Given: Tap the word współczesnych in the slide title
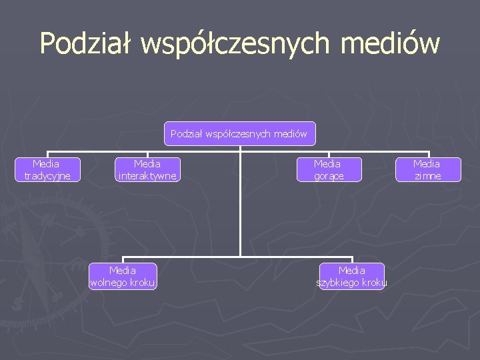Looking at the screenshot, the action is [x=235, y=44].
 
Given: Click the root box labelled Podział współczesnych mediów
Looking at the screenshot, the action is [x=239, y=134].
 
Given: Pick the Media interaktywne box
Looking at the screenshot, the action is [x=147, y=169].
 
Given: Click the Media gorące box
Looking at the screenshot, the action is [x=327, y=169].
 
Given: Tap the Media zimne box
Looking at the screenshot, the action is [x=427, y=169].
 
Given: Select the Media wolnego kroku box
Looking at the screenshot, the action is [x=123, y=276].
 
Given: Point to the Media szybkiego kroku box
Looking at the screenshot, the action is [x=351, y=276].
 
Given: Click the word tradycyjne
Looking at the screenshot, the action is [x=47, y=176].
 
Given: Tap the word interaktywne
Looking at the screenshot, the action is [x=147, y=176].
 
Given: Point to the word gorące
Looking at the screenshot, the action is [x=328, y=176].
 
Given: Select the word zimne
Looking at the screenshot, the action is [x=427, y=176].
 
